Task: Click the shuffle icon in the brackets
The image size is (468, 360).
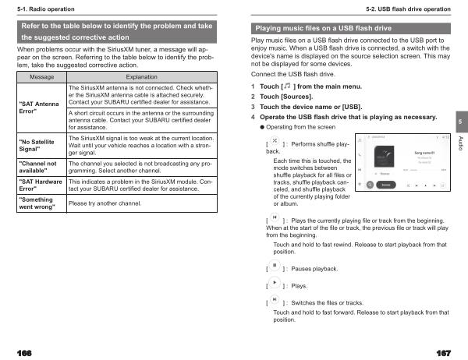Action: point(275,142)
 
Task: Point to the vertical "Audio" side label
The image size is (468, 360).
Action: point(459,143)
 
